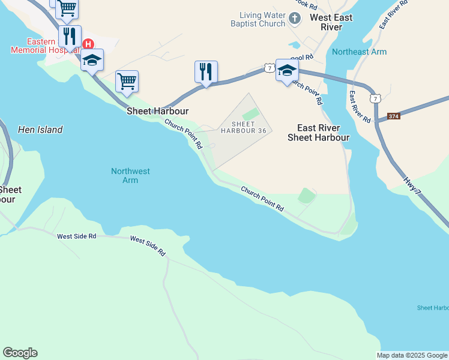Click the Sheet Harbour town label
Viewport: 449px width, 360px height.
point(157,111)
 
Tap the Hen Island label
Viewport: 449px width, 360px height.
point(40,130)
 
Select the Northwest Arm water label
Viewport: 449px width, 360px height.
point(130,176)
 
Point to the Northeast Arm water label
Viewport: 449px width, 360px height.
point(359,52)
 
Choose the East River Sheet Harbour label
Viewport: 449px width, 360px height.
point(318,133)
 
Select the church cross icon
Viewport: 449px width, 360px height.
point(294,19)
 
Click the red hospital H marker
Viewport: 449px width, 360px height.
point(88,44)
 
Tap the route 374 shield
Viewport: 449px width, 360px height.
point(394,116)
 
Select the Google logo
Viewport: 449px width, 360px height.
point(20,353)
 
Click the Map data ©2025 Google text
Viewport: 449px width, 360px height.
point(412,355)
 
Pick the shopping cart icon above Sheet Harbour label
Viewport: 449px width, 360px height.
point(127,80)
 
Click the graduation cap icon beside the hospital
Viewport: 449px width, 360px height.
point(92,60)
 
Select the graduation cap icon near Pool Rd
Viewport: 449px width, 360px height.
point(287,69)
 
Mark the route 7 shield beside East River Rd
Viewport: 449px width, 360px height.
point(375,98)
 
